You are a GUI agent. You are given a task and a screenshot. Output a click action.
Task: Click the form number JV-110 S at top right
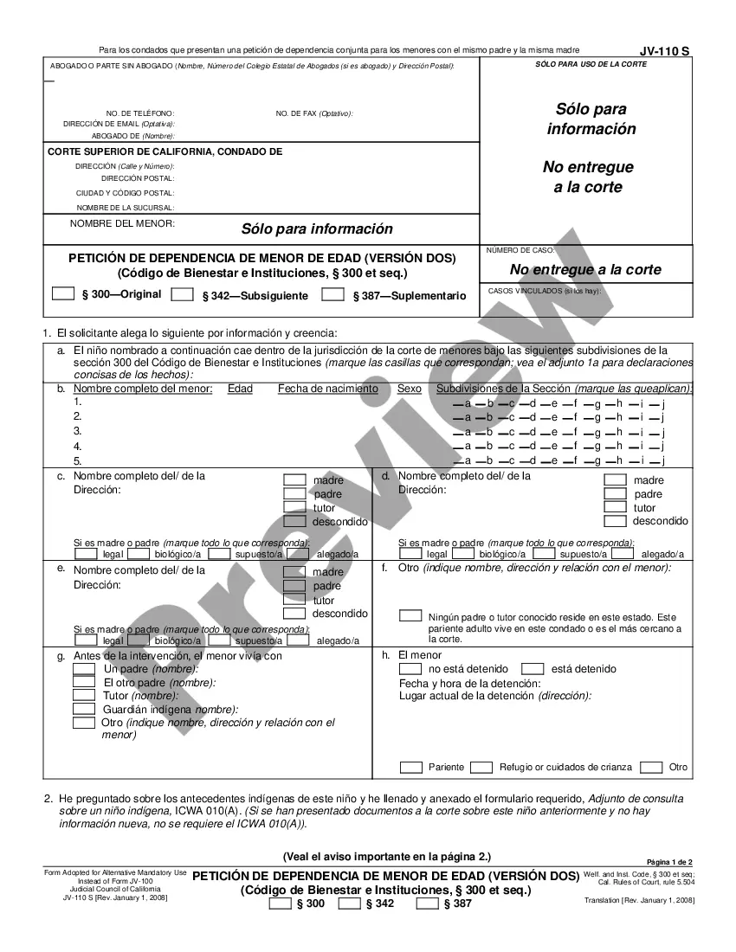click(x=665, y=51)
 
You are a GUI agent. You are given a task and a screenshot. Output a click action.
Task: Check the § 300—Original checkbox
click(x=63, y=293)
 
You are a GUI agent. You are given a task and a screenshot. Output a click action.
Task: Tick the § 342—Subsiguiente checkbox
click(x=182, y=294)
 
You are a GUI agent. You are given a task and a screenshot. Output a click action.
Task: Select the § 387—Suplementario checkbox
click(x=333, y=294)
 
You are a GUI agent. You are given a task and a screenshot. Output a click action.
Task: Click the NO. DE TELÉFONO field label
click(x=140, y=113)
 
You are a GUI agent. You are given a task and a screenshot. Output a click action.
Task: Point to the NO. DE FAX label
click(x=314, y=113)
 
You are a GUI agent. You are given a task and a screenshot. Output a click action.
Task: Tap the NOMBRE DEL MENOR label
click(x=122, y=223)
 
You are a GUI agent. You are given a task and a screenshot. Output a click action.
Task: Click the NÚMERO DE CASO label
click(x=520, y=250)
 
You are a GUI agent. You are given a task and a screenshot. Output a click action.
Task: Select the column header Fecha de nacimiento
click(x=327, y=389)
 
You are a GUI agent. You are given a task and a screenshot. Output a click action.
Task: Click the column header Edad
click(x=240, y=389)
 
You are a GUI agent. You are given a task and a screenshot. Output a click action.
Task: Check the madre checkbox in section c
click(x=295, y=479)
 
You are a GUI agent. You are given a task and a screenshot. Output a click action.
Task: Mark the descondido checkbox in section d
click(x=615, y=521)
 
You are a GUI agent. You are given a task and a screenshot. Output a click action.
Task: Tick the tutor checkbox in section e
click(x=295, y=599)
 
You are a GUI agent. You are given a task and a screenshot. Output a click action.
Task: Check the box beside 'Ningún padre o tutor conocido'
click(x=410, y=614)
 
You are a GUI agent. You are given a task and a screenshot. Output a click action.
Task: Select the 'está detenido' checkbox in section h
click(x=533, y=668)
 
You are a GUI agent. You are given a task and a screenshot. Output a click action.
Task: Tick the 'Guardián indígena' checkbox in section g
click(x=84, y=709)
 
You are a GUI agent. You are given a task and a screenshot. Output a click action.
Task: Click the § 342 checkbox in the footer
click(x=349, y=904)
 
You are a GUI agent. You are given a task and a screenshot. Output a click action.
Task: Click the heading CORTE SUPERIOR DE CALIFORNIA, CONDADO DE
click(x=165, y=151)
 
